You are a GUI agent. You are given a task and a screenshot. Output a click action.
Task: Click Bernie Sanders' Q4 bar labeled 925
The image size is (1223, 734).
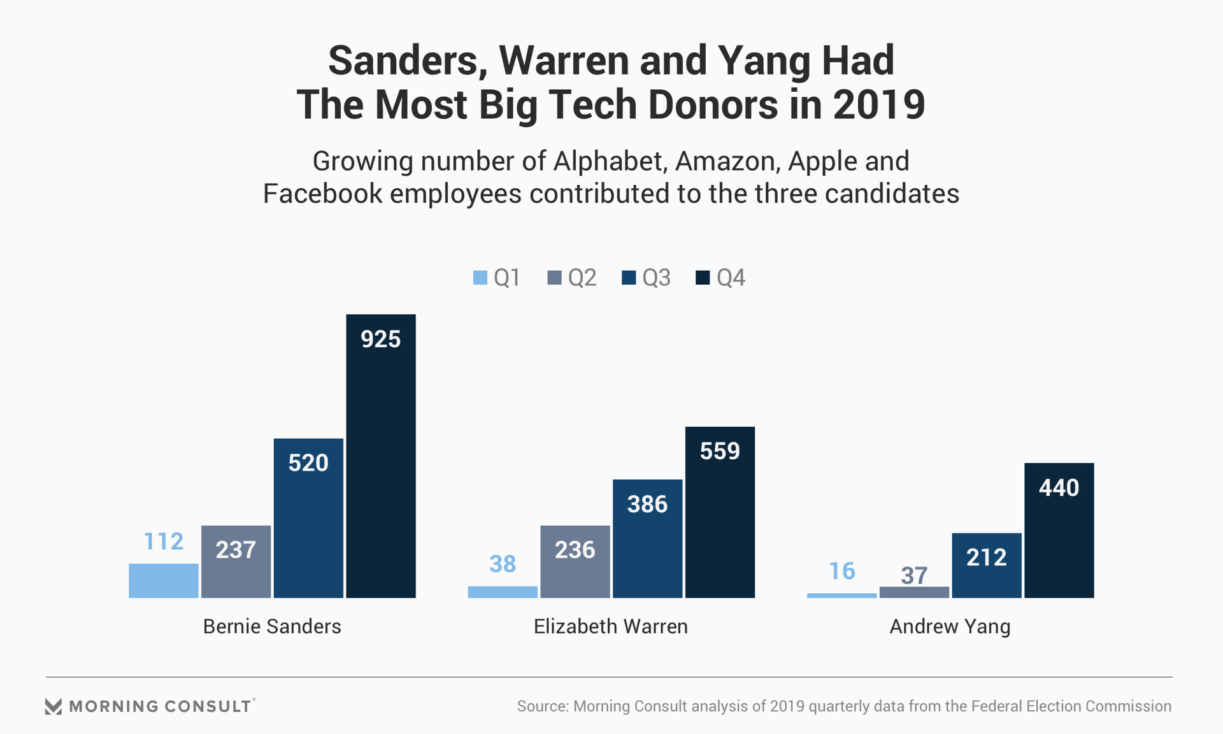pyautogui.click(x=381, y=456)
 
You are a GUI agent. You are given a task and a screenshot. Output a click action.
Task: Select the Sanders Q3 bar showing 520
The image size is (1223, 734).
pyautogui.click(x=308, y=517)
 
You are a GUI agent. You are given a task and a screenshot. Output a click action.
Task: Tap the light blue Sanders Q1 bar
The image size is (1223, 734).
pyautogui.click(x=164, y=580)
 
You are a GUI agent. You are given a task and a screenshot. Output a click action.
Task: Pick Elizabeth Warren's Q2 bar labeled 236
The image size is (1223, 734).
pyautogui.click(x=575, y=561)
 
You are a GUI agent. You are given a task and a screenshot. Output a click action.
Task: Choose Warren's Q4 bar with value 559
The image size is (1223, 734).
pyautogui.click(x=720, y=512)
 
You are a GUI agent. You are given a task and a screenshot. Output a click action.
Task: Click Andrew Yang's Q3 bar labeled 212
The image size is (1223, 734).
pyautogui.click(x=987, y=565)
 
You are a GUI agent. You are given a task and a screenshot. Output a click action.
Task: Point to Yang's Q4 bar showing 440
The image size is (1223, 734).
pyautogui.click(x=1059, y=530)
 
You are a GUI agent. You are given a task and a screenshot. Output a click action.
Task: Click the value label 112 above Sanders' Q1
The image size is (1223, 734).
pyautogui.click(x=164, y=542)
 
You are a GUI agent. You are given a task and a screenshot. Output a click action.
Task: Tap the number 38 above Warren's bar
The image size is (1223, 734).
pyautogui.click(x=503, y=564)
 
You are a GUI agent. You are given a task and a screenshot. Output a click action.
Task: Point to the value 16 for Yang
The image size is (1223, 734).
pyautogui.click(x=841, y=572)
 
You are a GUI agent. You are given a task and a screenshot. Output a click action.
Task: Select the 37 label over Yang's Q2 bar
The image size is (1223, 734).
pyautogui.click(x=914, y=576)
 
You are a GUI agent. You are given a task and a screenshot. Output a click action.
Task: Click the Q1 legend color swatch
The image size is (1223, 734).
pyautogui.click(x=480, y=278)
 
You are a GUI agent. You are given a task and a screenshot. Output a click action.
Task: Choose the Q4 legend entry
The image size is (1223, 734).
pyautogui.click(x=720, y=278)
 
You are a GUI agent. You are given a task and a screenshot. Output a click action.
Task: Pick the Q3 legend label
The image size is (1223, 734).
pyautogui.click(x=656, y=278)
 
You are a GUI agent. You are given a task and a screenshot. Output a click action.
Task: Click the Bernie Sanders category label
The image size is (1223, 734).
pyautogui.click(x=272, y=626)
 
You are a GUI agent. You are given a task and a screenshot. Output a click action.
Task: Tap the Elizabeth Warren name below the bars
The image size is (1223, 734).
pyautogui.click(x=610, y=626)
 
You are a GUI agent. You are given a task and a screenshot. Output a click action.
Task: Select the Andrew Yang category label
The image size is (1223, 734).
pyautogui.click(x=950, y=626)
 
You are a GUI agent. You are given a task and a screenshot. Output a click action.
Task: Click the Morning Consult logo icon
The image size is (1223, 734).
pyautogui.click(x=54, y=707)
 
